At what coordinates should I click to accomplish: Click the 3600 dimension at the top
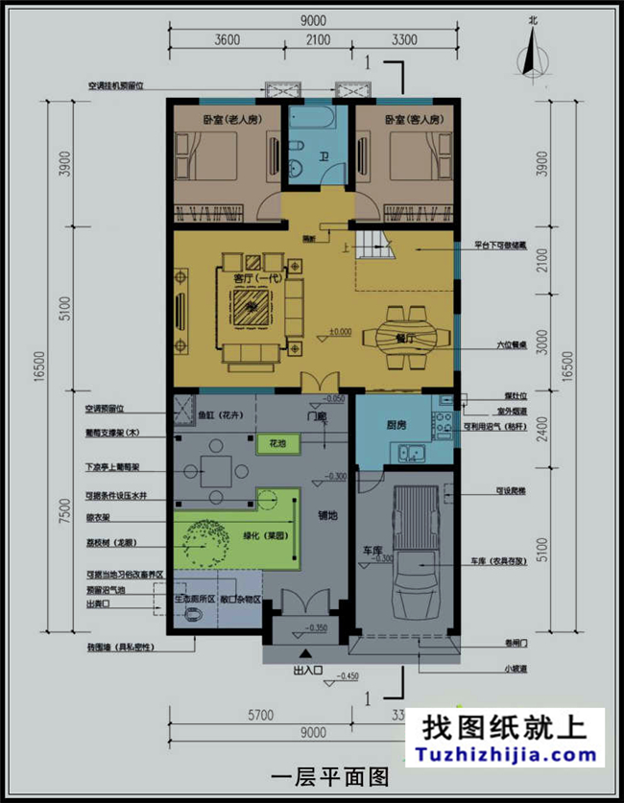(x=228, y=39)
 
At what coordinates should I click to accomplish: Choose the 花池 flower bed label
(x=277, y=443)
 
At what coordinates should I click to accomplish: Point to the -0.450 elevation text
(x=355, y=677)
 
